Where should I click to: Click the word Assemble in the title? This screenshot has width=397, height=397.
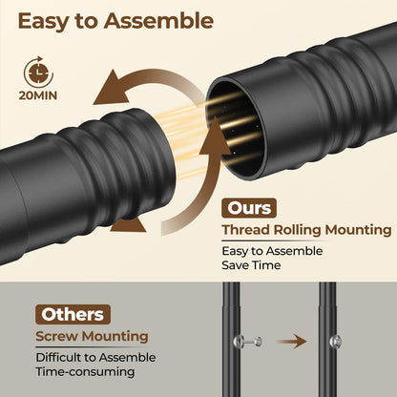point(158,21)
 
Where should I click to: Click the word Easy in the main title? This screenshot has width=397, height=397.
point(44,22)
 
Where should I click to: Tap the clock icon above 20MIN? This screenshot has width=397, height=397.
point(38,73)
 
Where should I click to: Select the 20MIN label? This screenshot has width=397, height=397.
point(38,95)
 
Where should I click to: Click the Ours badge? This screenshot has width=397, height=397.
point(249,208)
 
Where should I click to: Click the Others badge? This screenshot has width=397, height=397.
point(73,314)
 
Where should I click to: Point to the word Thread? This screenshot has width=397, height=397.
point(246,229)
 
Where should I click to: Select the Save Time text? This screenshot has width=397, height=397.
point(251,265)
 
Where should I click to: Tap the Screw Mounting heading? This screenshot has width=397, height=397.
point(92,337)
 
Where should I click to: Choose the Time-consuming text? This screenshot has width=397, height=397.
point(85,372)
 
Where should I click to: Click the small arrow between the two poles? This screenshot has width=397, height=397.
point(292,342)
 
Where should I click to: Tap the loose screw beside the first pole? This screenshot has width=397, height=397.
point(248,342)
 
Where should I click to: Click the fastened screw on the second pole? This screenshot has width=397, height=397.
point(336,342)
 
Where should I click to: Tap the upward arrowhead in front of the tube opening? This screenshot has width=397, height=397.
point(216,136)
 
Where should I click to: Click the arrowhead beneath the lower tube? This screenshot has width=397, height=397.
point(129,224)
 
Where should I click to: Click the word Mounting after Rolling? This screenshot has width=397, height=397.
point(358,231)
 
